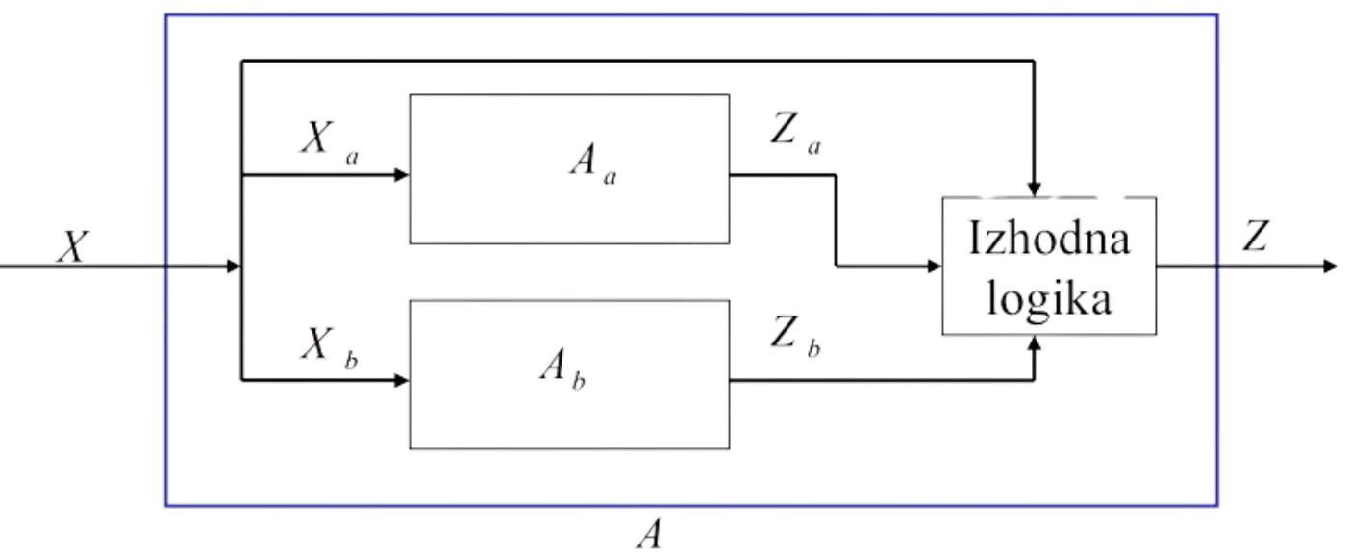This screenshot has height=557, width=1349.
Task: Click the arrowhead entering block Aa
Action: click(x=401, y=175)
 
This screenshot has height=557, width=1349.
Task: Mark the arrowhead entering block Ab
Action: click(x=401, y=383)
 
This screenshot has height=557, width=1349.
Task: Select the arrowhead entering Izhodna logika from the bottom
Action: click(x=1035, y=344)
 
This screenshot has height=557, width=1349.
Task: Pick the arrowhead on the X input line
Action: click(x=232, y=266)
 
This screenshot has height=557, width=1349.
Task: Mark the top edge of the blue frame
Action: click(x=692, y=15)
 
